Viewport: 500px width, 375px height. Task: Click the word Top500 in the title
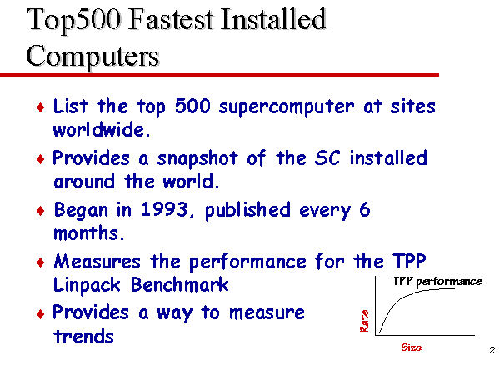tap(74, 21)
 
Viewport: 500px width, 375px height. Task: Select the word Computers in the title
tap(92, 56)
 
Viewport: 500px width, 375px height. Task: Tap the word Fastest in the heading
tap(170, 19)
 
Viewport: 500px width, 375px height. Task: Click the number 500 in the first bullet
tap(192, 106)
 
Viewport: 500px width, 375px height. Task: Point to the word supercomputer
tap(287, 107)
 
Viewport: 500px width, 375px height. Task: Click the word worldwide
tap(102, 129)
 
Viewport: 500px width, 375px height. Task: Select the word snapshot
tap(197, 159)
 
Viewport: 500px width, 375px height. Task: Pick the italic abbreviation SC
tap(327, 157)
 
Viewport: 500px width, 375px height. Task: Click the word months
tap(88, 232)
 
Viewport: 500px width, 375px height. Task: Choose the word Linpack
tap(87, 285)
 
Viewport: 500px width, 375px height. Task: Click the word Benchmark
tap(180, 284)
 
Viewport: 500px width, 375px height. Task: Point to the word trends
tap(83, 336)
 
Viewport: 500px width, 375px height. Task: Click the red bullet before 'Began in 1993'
tap(41, 211)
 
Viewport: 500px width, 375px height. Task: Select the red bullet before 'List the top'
tap(41, 107)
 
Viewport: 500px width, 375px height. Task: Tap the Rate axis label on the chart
tap(364, 321)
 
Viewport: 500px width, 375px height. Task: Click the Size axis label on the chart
tap(412, 347)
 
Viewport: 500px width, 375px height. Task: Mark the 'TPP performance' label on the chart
tap(437, 282)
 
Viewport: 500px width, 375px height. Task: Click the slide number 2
tap(492, 350)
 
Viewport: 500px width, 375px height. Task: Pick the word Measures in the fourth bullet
tap(97, 262)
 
